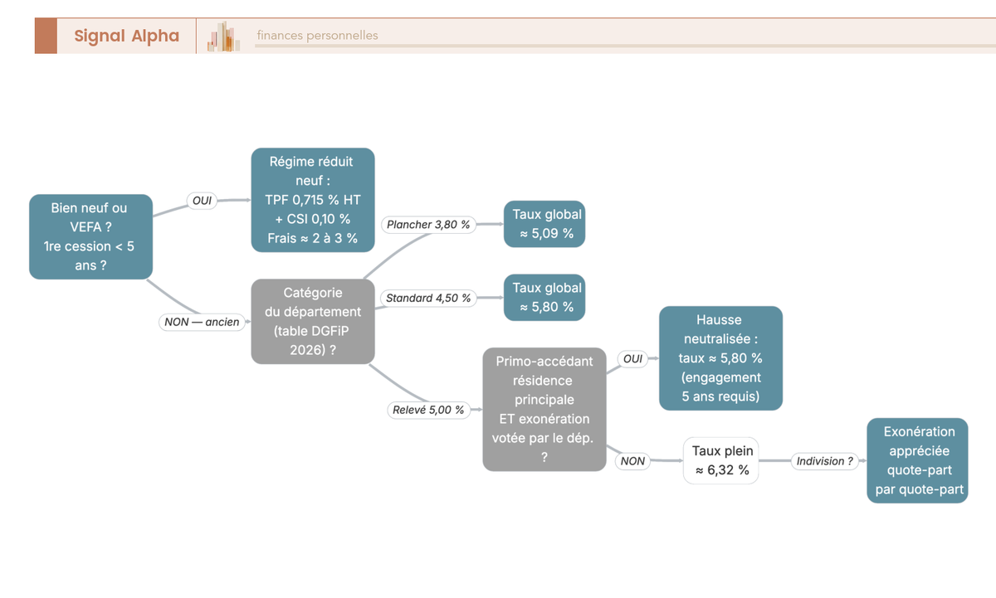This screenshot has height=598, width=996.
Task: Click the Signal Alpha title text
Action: (x=127, y=36)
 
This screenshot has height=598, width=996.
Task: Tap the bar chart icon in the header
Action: (x=223, y=36)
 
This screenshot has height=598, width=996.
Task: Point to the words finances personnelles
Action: (x=317, y=35)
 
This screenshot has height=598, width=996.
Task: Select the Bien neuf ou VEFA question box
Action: (x=90, y=236)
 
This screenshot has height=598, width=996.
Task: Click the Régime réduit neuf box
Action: (x=313, y=200)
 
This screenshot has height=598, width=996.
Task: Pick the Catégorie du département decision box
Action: (x=313, y=321)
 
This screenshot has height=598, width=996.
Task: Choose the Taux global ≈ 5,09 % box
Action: (x=544, y=224)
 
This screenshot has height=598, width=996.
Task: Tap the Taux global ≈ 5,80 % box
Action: (x=544, y=297)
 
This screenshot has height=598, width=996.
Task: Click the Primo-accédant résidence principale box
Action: (x=544, y=409)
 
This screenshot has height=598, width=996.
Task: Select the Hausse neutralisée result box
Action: (x=720, y=358)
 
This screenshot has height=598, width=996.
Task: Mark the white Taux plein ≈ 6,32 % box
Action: (x=720, y=460)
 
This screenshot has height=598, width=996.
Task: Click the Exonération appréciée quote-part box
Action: (x=917, y=460)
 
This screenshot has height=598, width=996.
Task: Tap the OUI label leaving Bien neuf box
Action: (x=202, y=201)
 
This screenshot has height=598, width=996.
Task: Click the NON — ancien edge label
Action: (x=202, y=322)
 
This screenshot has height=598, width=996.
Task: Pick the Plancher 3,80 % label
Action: (x=428, y=225)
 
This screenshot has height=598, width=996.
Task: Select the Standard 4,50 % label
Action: (x=428, y=298)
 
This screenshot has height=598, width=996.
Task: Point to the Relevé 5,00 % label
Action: (x=428, y=410)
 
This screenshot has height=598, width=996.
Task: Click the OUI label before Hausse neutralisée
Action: (x=632, y=358)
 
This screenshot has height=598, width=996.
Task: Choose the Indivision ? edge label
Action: (x=824, y=461)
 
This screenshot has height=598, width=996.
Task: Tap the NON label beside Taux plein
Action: (x=632, y=461)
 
